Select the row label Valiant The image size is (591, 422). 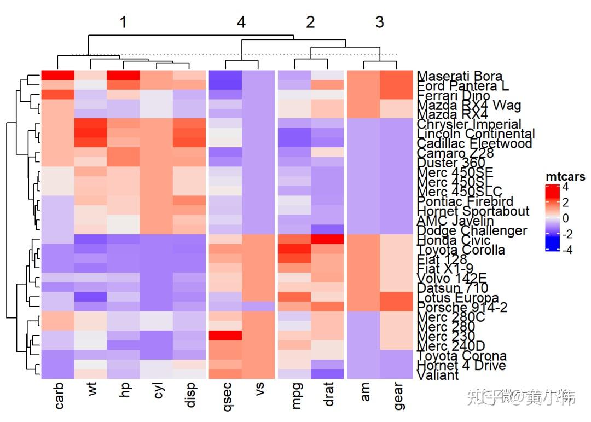pos(437,375)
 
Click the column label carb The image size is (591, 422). pos(59,396)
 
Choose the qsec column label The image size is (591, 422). pos(225,396)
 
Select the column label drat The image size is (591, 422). pos(328,395)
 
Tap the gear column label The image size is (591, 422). pos(397,396)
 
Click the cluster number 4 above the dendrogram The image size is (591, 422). pos(241,22)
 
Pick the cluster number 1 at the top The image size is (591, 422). pos(123,22)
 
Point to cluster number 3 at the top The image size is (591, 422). pos(379,22)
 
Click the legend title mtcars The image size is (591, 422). pos(565,177)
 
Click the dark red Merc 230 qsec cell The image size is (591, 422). pos(225,335)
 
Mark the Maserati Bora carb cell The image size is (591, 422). pos(57,75)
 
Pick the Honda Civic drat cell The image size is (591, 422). pos(328,239)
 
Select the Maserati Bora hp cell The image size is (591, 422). pos(123,75)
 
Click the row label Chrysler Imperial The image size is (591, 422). pos(469,124)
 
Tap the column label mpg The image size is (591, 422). pos(295,395)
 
